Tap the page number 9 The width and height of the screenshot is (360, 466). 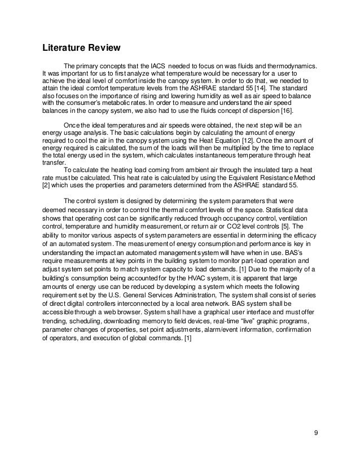[315, 433]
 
